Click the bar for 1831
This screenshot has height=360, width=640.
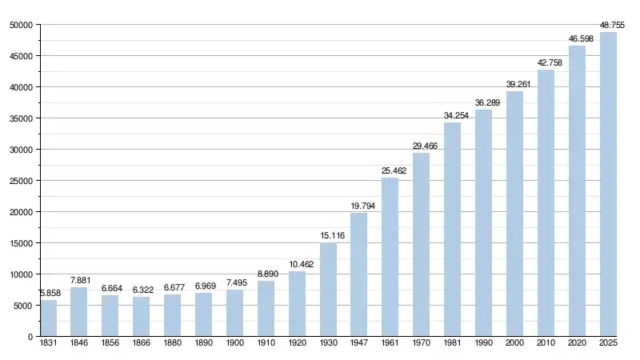(x=48, y=318)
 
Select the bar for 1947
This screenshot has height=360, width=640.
(x=359, y=274)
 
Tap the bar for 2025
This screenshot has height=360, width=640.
(x=608, y=184)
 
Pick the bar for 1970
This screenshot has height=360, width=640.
(x=421, y=244)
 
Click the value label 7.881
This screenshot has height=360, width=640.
(x=78, y=279)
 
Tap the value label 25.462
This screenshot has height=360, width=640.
(x=390, y=170)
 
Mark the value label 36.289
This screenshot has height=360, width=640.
(x=483, y=102)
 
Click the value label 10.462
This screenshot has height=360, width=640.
(x=297, y=264)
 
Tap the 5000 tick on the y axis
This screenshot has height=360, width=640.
(x=22, y=306)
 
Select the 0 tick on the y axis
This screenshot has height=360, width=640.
(x=30, y=337)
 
